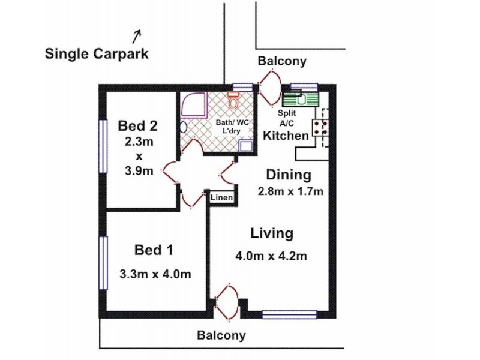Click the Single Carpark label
(97, 53)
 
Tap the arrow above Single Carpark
(137, 37)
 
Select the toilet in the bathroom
(233, 100)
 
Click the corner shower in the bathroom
(194, 104)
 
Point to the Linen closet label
(221, 197)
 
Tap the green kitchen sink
(301, 98)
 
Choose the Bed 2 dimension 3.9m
(139, 171)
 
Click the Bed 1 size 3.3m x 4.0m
(155, 274)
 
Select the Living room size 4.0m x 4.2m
(271, 256)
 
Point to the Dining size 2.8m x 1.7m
(290, 191)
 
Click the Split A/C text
(287, 118)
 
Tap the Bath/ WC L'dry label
(232, 127)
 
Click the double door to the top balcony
(270, 88)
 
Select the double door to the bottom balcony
(228, 303)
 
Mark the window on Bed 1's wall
(103, 263)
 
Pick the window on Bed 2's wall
(103, 146)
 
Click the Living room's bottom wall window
(289, 314)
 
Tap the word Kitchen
(286, 136)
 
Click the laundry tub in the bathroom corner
(246, 146)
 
